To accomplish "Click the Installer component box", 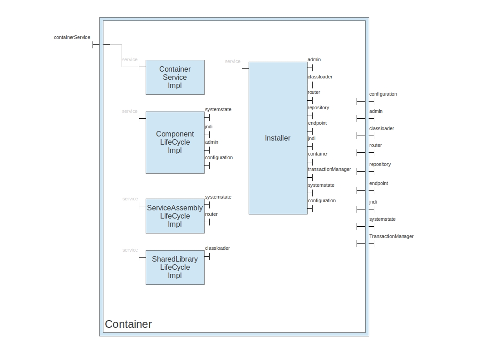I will click(x=278, y=138).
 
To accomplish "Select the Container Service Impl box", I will click(x=175, y=77).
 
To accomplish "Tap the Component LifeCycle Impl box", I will click(x=175, y=142).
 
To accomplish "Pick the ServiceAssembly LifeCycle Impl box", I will click(x=175, y=216).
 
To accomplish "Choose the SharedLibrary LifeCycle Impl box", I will click(x=175, y=267).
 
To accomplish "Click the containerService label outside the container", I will click(x=72, y=37).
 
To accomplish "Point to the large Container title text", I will click(x=128, y=324).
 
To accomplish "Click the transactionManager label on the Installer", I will click(x=329, y=170).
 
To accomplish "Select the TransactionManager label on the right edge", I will click(x=391, y=236).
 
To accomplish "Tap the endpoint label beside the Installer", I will click(x=317, y=123).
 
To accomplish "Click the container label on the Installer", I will click(x=318, y=154).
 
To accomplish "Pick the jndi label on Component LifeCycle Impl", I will click(x=209, y=126).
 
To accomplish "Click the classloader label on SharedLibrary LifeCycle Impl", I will click(x=217, y=248).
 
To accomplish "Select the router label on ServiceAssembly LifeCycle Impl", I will click(x=211, y=214).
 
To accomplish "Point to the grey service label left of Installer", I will click(x=233, y=61).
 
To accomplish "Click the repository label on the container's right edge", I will click(x=380, y=164).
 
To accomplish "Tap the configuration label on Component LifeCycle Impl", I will click(x=219, y=157).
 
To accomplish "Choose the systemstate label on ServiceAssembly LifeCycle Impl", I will click(x=218, y=197).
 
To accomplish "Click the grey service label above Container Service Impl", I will click(x=130, y=59).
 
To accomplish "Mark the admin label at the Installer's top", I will click(x=314, y=59).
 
